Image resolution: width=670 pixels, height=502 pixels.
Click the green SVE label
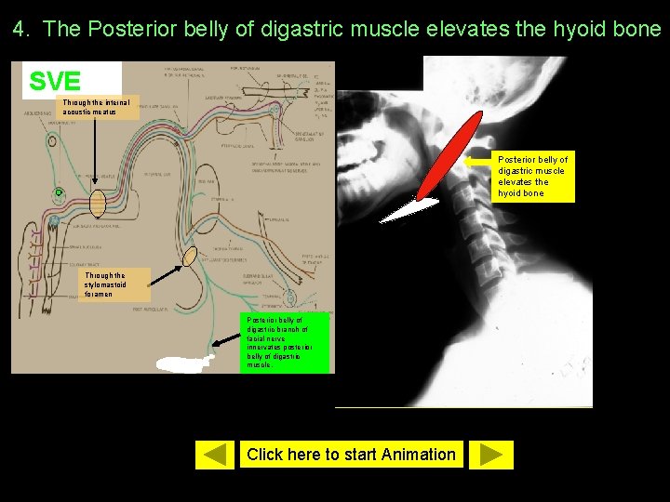[56, 81]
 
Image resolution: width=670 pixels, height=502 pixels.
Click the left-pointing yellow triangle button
[215, 454]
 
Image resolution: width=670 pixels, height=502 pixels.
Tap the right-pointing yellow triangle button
[491, 454]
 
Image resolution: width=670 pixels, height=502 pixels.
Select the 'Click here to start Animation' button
[351, 455]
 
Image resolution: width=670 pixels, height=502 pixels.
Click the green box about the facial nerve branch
[286, 341]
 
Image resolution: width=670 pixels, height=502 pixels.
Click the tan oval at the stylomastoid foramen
[190, 256]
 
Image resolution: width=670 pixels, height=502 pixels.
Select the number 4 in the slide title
[18, 29]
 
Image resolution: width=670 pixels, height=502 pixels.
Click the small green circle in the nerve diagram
[59, 193]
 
